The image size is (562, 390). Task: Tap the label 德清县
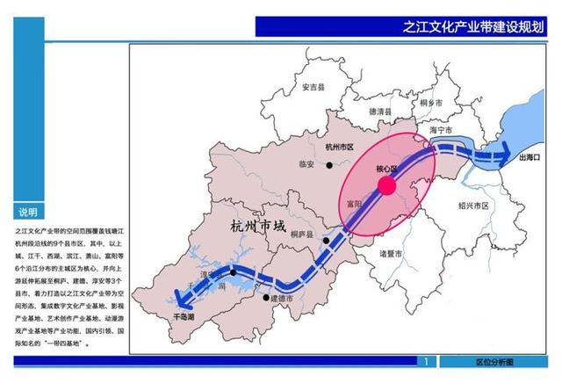click(x=384, y=112)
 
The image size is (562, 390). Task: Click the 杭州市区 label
click(x=338, y=148)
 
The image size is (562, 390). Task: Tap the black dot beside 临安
click(x=329, y=164)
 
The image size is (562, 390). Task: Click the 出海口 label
click(x=533, y=158)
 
